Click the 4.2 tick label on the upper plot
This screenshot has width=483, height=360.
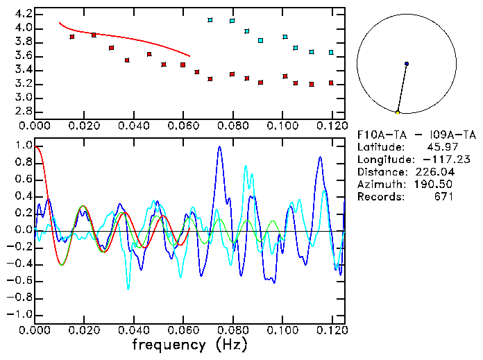click(x=23, y=14)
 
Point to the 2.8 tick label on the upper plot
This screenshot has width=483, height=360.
click(x=23, y=111)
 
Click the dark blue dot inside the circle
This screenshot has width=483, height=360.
click(x=407, y=64)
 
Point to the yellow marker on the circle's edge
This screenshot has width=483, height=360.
click(x=398, y=112)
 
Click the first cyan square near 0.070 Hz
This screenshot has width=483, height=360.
click(x=210, y=20)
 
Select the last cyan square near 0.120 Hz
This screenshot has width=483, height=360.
click(x=331, y=53)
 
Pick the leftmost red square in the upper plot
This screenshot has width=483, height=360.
click(x=72, y=37)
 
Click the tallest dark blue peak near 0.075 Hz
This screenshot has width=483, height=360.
click(x=219, y=147)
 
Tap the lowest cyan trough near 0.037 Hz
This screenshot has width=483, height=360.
click(x=128, y=287)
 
